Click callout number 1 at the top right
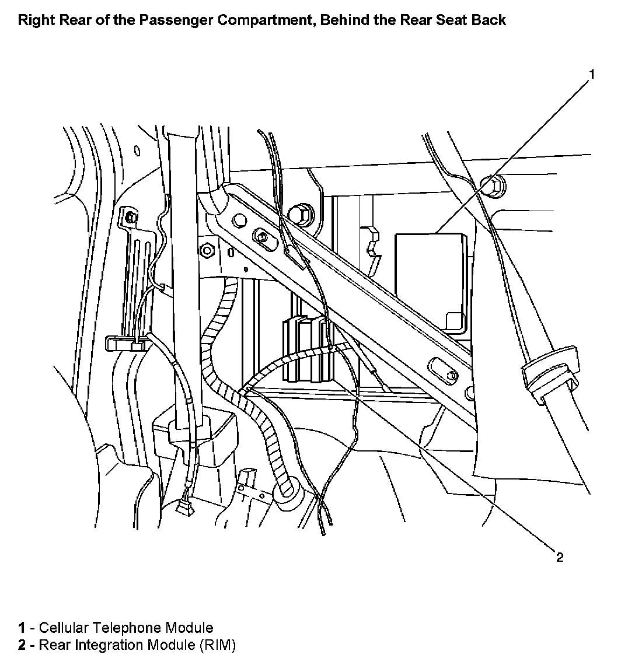click(591, 75)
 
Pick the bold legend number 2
click(22, 645)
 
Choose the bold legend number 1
click(22, 628)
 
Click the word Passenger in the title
click(177, 20)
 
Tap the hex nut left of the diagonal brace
click(206, 251)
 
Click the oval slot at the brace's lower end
click(443, 372)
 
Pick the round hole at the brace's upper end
click(238, 220)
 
